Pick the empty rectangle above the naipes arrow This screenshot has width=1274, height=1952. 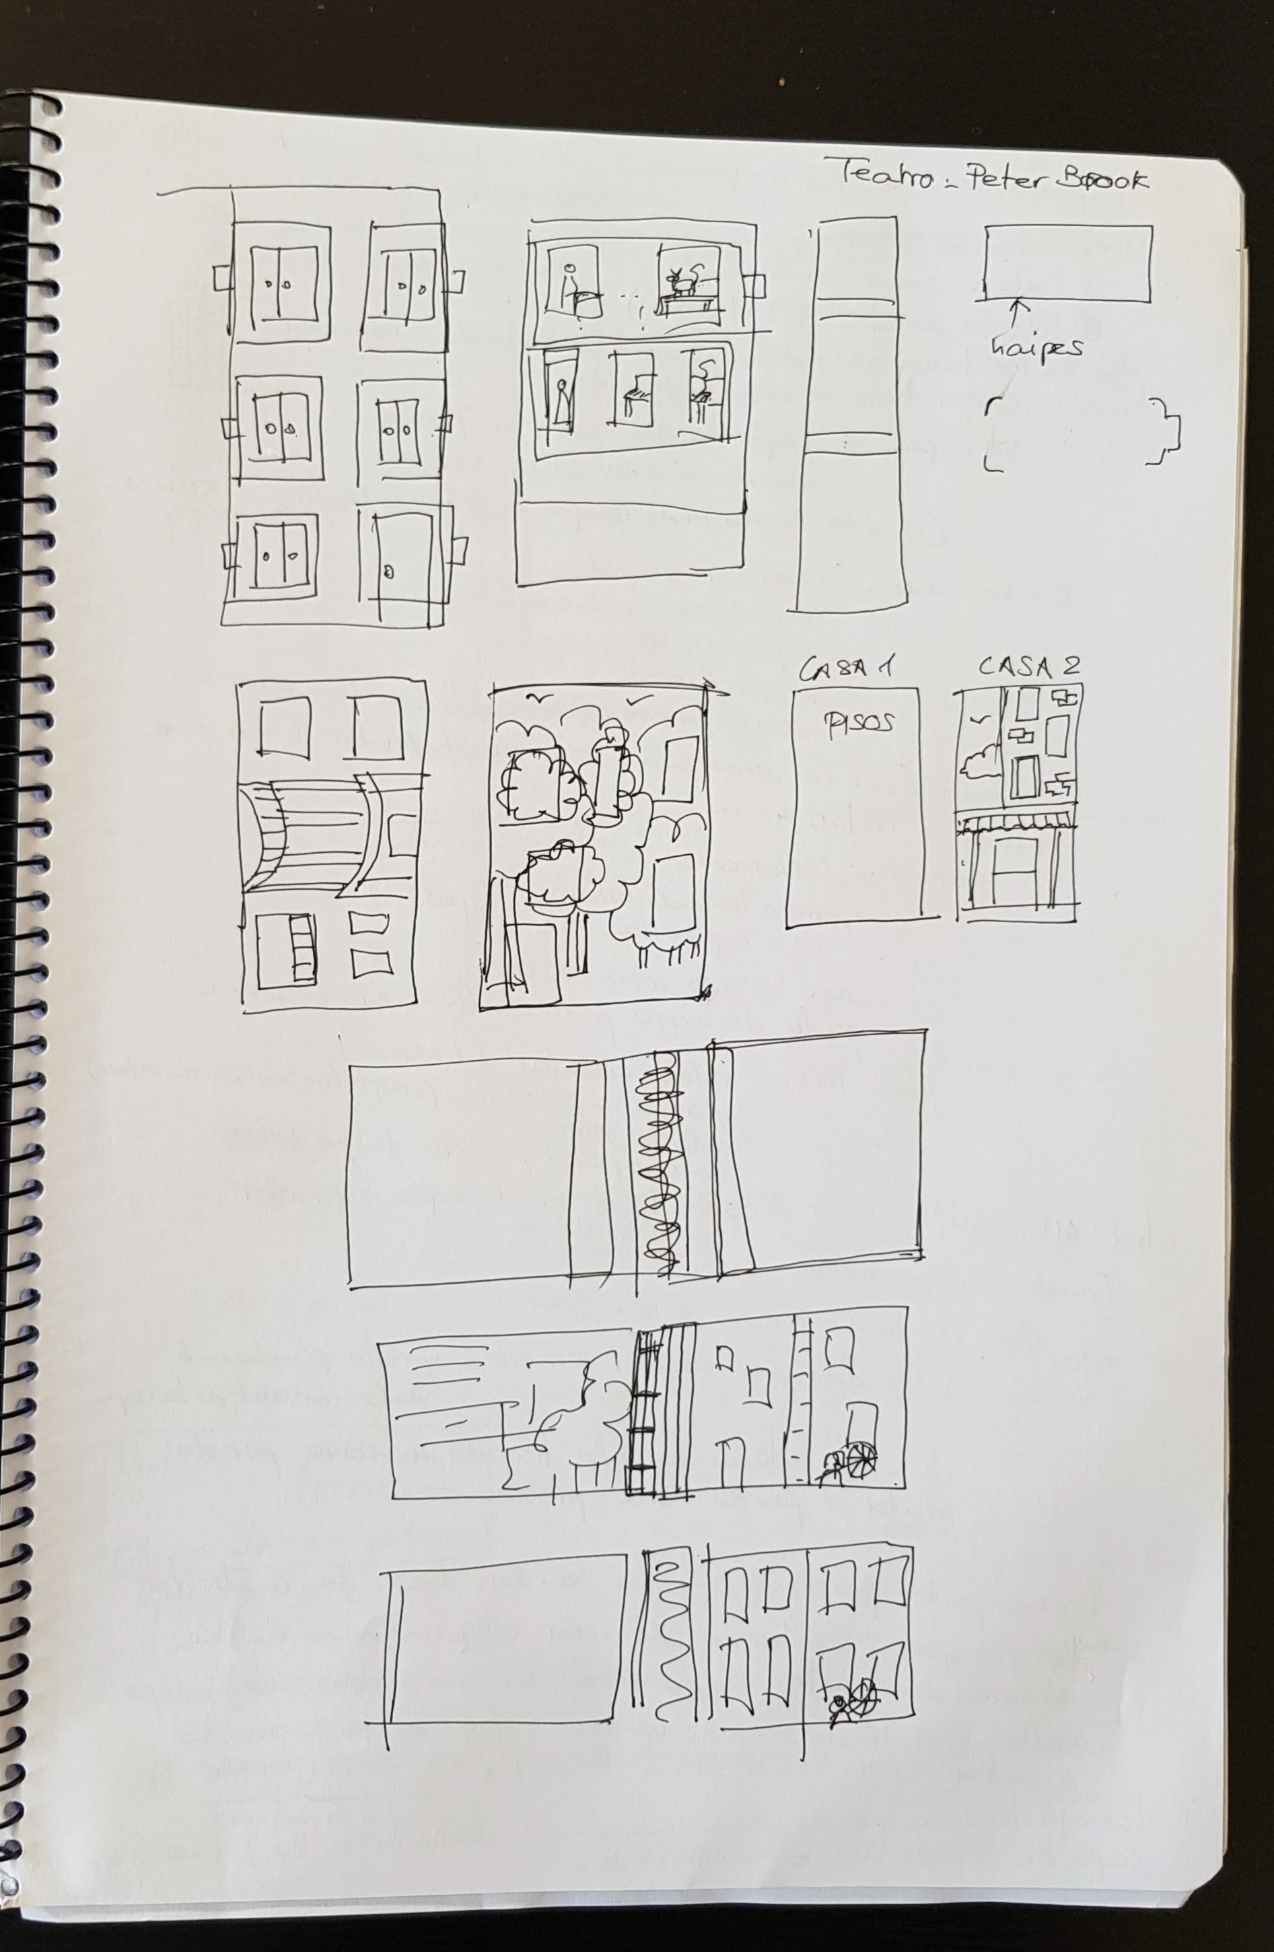click(x=1067, y=263)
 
